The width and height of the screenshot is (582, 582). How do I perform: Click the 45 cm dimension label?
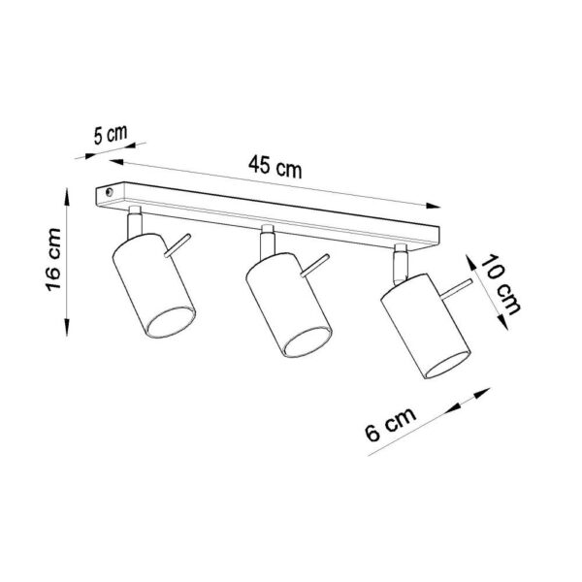click(x=275, y=166)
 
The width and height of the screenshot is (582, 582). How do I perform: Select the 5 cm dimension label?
click(x=106, y=136)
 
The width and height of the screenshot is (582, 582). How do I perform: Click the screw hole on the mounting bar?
click(x=108, y=195)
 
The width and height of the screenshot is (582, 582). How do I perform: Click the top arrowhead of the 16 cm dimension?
click(x=67, y=195)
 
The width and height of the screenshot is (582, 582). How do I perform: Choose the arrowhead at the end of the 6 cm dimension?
click(x=485, y=394)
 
